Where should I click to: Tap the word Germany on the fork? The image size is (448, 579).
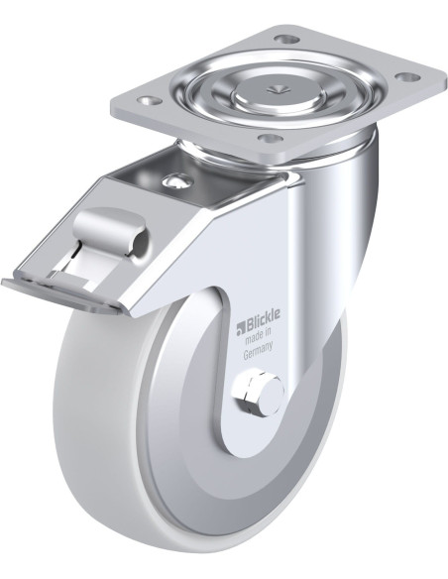coord(258,349)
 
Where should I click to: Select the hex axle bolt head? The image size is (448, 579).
coord(250,393)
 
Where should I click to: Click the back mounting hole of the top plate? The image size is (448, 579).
coord(287,39)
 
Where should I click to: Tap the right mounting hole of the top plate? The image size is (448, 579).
coord(407,76)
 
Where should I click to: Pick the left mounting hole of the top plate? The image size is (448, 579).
coord(149,100)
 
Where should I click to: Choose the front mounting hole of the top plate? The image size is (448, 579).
coord(271,139)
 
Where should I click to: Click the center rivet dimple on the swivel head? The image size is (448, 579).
coord(276,89)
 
